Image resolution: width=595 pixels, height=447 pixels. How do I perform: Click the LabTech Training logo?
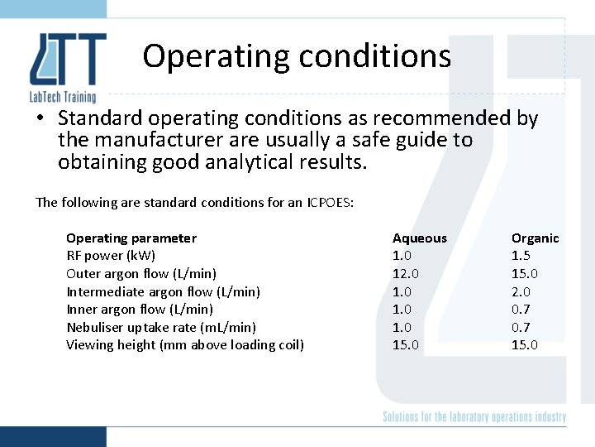(x=67, y=66)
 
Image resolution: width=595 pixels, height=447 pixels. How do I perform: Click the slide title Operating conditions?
(x=297, y=56)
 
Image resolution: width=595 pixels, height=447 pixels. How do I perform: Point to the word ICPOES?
(x=331, y=203)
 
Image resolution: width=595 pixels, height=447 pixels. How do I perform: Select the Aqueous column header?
(x=419, y=238)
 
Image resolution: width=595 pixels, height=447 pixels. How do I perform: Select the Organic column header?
(x=535, y=238)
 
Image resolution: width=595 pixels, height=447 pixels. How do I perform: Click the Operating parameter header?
(x=131, y=238)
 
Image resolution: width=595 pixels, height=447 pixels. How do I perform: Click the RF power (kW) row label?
(x=111, y=256)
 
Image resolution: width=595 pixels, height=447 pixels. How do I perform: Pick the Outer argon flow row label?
(x=141, y=274)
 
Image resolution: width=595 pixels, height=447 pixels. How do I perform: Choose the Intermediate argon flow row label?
(x=163, y=291)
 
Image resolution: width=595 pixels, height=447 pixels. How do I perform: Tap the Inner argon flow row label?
(x=140, y=310)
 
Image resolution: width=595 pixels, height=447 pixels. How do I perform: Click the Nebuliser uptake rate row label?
(x=161, y=327)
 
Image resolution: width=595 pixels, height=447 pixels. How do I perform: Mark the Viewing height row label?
(x=185, y=345)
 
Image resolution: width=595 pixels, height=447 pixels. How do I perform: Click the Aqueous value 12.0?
(x=405, y=274)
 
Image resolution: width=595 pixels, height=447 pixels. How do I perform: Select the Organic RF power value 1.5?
(x=521, y=256)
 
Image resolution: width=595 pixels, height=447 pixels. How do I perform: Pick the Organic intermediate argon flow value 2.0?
(x=521, y=291)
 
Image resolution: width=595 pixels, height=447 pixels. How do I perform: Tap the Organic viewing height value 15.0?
(x=525, y=345)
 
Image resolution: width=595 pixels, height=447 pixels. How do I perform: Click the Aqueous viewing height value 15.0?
(x=405, y=345)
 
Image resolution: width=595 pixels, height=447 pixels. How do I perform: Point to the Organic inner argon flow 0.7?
(x=521, y=310)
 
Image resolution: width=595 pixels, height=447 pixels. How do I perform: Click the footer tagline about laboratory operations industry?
(x=474, y=417)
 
